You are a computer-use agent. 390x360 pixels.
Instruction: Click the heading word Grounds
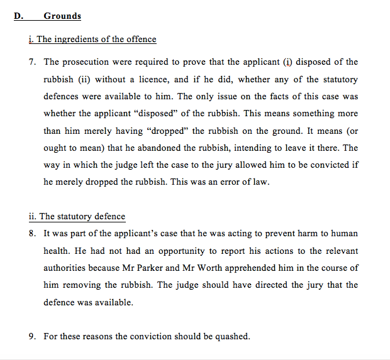62,16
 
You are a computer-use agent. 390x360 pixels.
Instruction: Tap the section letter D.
18,16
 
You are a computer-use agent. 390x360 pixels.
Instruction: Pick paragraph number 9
32,336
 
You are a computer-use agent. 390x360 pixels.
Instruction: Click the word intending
257,148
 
